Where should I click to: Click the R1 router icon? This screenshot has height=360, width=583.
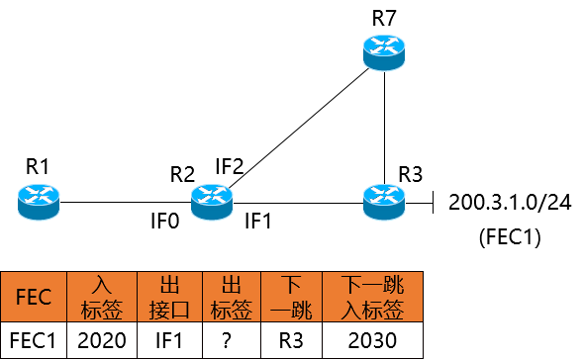point(39,202)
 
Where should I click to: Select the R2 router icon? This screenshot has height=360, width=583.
point(210,202)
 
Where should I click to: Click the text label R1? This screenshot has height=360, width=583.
point(39,166)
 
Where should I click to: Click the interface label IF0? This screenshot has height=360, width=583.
point(165,221)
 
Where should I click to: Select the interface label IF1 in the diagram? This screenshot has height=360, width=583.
point(258,221)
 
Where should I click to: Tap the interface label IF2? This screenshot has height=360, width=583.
point(230,166)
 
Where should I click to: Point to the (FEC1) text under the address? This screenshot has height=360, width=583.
point(507,237)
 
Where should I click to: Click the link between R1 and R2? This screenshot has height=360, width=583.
point(124,203)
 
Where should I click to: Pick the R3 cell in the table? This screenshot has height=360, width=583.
point(287,340)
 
